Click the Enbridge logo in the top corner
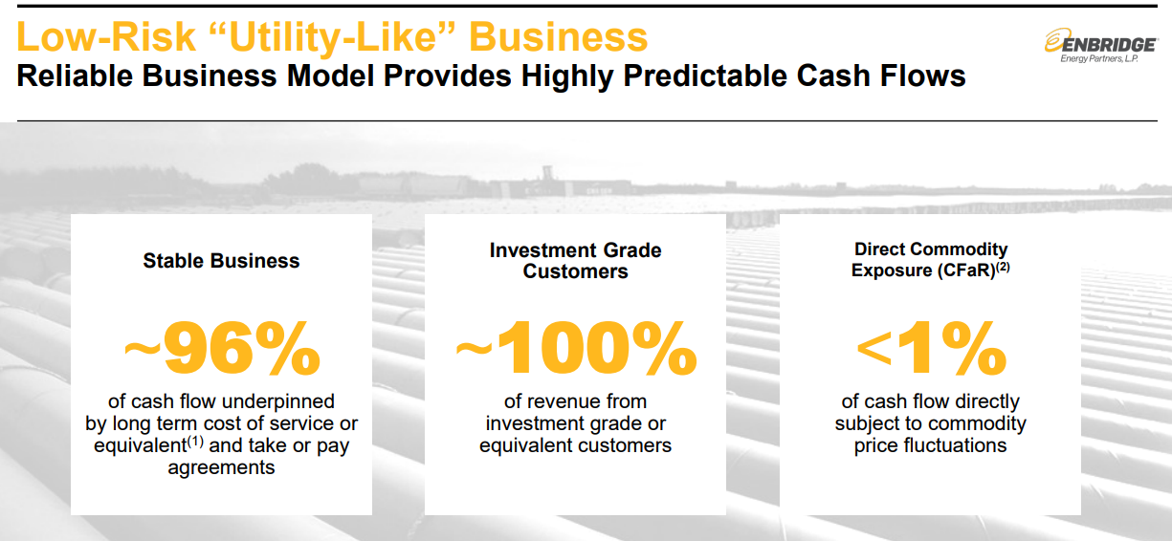click(x=1101, y=46)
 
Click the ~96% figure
click(x=222, y=348)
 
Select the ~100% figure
click(x=576, y=348)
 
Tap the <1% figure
click(x=931, y=348)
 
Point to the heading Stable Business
click(x=221, y=260)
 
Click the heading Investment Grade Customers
click(x=576, y=261)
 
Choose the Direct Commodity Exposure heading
click(x=930, y=259)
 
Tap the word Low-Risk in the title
click(x=106, y=37)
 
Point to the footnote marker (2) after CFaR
click(x=1003, y=267)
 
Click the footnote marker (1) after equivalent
click(x=195, y=442)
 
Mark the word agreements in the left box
click(x=221, y=467)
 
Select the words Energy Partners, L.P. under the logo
click(x=1099, y=58)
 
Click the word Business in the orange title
click(x=559, y=37)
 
